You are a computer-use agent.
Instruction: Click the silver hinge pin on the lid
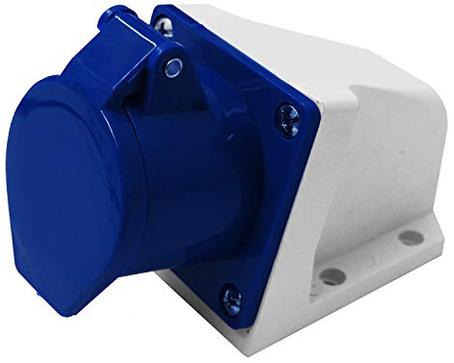(x=173, y=66)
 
